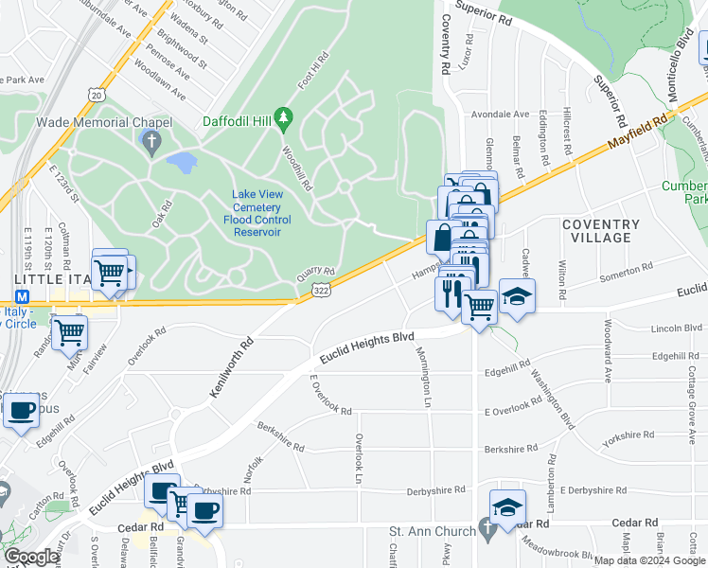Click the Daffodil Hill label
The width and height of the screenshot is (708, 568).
point(237,120)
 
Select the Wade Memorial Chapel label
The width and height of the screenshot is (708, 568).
point(104,122)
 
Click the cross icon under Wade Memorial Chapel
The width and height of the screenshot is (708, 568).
point(150,143)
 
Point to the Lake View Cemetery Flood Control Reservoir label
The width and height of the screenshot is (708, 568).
point(257,214)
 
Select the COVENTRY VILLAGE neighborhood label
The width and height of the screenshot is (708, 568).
point(601,232)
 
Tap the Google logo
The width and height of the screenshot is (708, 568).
point(31,557)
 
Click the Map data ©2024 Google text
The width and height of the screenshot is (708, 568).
point(648,560)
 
